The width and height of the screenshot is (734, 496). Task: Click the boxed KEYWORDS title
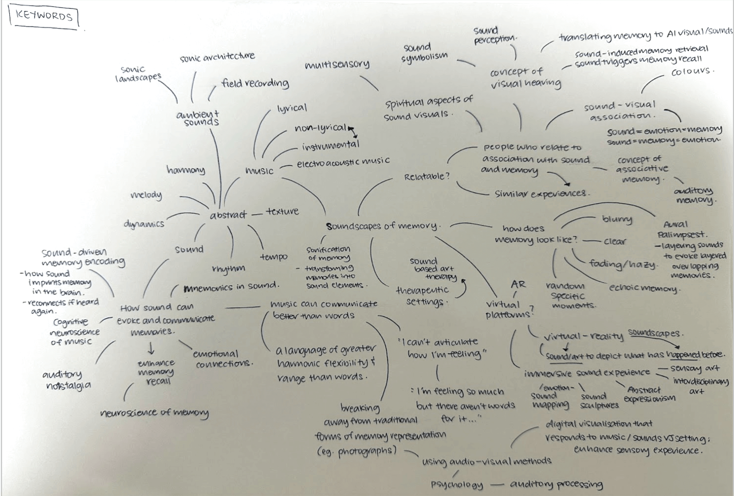[44, 16]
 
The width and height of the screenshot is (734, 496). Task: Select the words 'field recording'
[255, 83]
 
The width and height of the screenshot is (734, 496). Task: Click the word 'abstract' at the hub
[228, 215]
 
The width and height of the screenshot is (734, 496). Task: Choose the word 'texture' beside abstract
[282, 211]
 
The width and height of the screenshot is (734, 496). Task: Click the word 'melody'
[146, 195]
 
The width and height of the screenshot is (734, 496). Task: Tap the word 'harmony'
[186, 170]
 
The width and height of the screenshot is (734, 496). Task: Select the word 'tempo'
[274, 257]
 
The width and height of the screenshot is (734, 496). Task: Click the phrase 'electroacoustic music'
[343, 162]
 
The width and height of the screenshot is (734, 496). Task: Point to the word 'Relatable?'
[427, 177]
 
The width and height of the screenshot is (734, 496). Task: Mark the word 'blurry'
[617, 219]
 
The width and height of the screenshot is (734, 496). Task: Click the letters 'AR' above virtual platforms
[518, 284]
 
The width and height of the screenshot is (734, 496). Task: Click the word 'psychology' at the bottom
[457, 485]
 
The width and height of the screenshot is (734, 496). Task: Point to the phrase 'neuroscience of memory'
[154, 413]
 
